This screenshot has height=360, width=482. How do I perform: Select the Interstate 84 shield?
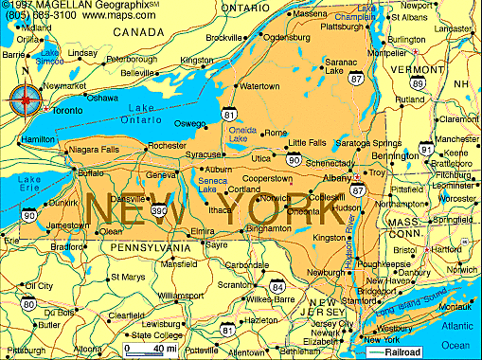coord(277,285)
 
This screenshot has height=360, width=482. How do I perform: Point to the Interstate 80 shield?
coord(29,305)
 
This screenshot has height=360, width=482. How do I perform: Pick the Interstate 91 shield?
coord(426,149)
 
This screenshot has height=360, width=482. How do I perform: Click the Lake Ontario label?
coord(144,115)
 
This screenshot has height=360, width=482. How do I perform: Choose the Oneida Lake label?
coord(239,135)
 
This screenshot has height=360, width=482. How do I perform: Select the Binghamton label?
coord(267,229)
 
